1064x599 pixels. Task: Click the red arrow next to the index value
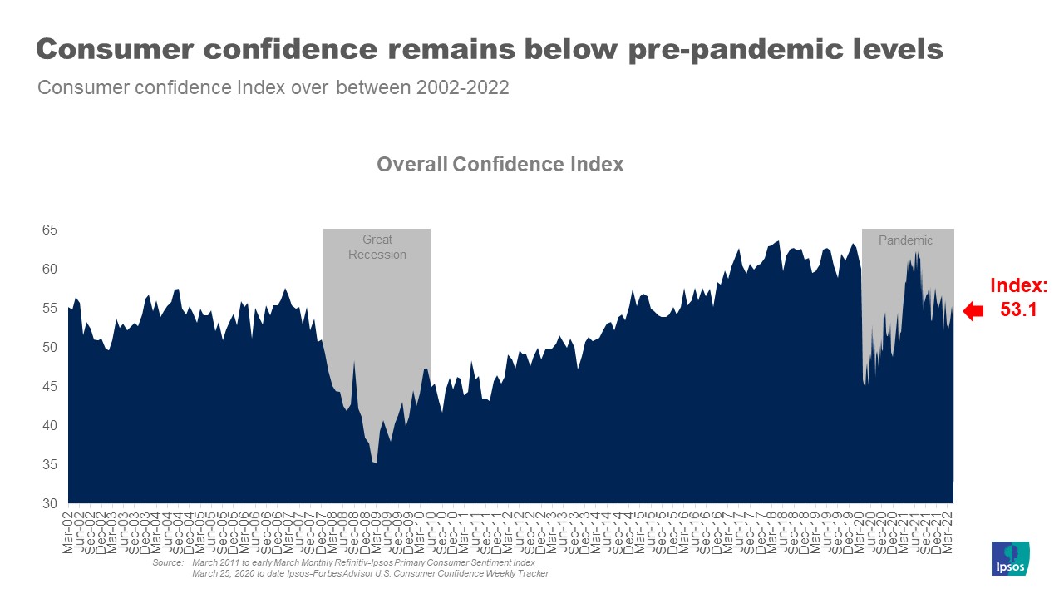pyautogui.click(x=972, y=311)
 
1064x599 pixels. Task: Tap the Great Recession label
pyautogui.click(x=377, y=247)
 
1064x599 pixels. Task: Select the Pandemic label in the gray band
pyautogui.click(x=905, y=240)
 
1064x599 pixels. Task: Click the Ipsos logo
pyautogui.click(x=1011, y=558)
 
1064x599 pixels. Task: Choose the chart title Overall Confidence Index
pyautogui.click(x=500, y=164)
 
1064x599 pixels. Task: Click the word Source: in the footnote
pyautogui.click(x=167, y=563)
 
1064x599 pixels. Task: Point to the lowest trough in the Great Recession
pyautogui.click(x=376, y=463)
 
